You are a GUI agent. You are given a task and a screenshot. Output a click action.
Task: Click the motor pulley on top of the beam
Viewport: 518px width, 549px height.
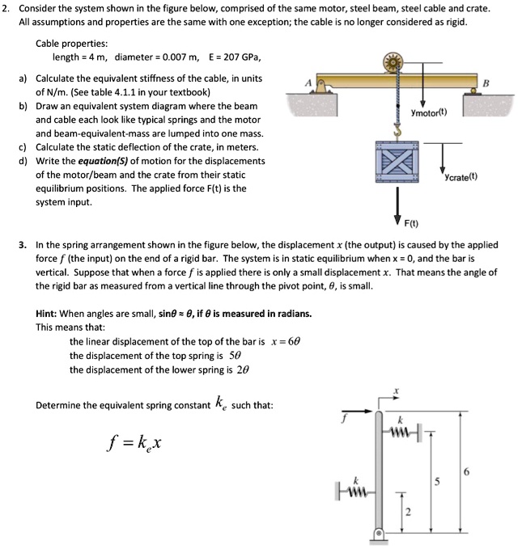click(x=396, y=63)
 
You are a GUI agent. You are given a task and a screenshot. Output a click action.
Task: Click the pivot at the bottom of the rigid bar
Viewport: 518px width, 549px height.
click(x=380, y=534)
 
